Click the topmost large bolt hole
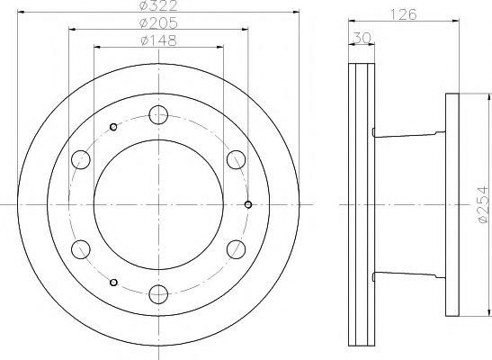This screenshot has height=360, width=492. pyautogui.click(x=159, y=113)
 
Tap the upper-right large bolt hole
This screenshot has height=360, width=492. pyautogui.click(x=237, y=158)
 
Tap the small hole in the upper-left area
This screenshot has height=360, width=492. pyautogui.click(x=112, y=125)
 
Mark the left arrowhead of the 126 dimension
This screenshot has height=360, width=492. pyautogui.click(x=351, y=19)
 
